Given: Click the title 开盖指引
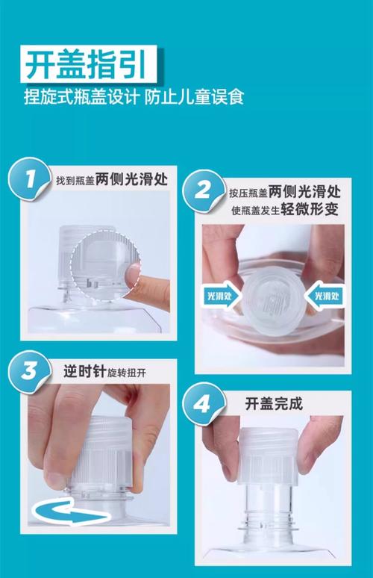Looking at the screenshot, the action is [x=86, y=63].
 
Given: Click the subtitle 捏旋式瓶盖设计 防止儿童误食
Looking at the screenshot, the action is [x=134, y=96].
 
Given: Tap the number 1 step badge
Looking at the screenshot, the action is [x=29, y=179].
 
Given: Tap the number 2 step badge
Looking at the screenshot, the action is [x=203, y=191].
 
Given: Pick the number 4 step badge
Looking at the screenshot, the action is [x=203, y=405].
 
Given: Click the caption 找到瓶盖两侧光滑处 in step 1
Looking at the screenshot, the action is [x=112, y=179].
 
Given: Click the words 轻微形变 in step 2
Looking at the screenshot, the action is [x=310, y=210].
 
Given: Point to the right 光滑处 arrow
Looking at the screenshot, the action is [x=325, y=296].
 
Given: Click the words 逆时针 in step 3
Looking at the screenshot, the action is [x=85, y=372].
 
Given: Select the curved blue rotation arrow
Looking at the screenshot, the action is [x=70, y=512].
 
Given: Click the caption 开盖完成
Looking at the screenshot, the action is [x=274, y=404].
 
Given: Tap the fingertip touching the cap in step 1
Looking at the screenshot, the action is [x=134, y=274].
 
